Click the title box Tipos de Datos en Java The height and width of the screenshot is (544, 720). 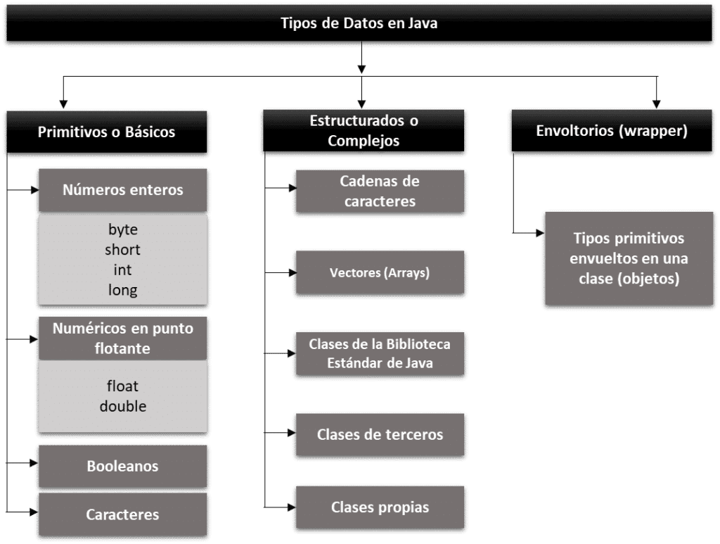coord(359,23)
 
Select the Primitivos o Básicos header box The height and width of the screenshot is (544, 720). coord(107,132)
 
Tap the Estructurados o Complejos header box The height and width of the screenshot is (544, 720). coord(364,130)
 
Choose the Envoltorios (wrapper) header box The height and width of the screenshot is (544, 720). coord(612,130)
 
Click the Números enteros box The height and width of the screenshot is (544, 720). coord(122,190)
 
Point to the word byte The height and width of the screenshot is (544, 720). coord(122,229)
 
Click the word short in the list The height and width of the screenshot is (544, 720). coord(122,250)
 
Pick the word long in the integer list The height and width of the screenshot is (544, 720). coord(122,290)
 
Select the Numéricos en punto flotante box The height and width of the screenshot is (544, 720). coord(122,339)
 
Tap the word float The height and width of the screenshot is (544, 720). coord(122,386)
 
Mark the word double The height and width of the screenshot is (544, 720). coord(122,406)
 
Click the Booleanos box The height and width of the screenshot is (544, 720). coord(122,466)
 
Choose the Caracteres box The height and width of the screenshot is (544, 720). coord(122,514)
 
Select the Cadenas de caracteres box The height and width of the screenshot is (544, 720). coord(380,191)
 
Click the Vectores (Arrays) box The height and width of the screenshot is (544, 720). coord(380,272)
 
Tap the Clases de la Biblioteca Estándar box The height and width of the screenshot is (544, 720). coord(380,353)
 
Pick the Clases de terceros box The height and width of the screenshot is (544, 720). coord(380,435)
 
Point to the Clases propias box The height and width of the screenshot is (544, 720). coord(380,507)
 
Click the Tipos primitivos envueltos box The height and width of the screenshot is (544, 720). coord(629,258)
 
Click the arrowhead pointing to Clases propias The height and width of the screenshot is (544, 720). coord(292,507)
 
